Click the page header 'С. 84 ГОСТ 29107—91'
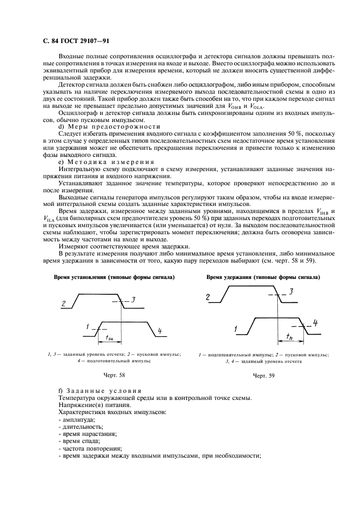(x=77, y=41)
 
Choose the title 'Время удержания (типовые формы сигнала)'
(x=263, y=277)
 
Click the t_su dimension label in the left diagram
(x=108, y=338)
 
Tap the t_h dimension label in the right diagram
(x=289, y=338)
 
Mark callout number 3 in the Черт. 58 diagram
(x=133, y=300)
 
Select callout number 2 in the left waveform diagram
(x=64, y=304)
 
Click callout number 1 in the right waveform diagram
(x=236, y=329)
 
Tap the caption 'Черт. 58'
(x=114, y=375)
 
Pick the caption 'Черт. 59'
(x=264, y=375)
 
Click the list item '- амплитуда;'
(x=76, y=419)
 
